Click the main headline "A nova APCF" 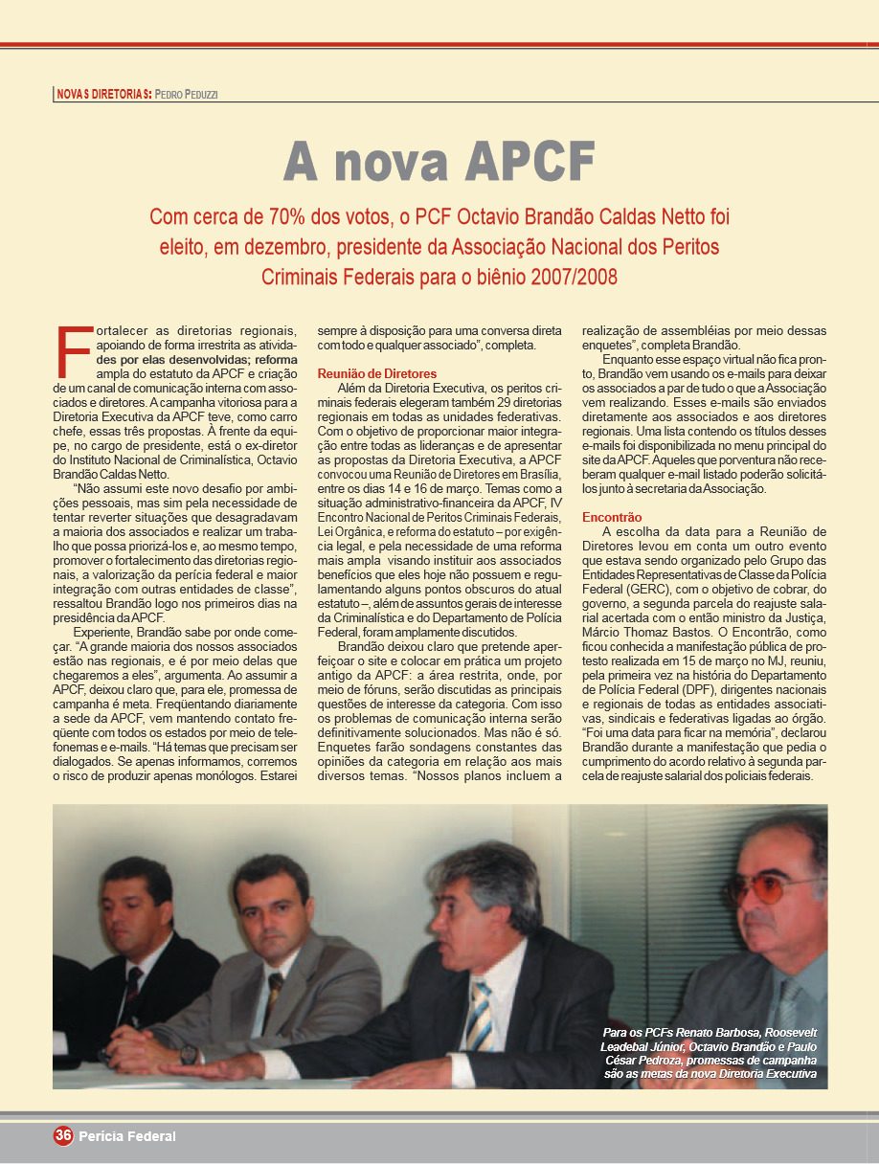point(439,160)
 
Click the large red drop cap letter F point(74,353)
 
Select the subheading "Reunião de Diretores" point(376,373)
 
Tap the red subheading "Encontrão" point(612,517)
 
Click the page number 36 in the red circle point(63,1135)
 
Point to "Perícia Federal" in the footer point(127,1136)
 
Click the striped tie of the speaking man point(480,1014)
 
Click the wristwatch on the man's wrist point(189,1054)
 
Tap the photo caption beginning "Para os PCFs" point(709,1054)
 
